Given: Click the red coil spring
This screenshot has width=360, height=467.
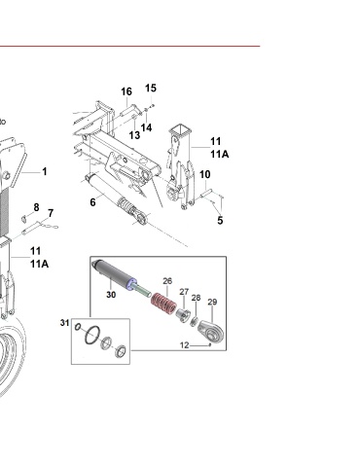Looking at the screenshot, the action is click(x=163, y=303).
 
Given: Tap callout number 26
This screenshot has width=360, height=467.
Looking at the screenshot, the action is click(x=167, y=281).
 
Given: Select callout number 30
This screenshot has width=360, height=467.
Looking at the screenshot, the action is click(x=111, y=295).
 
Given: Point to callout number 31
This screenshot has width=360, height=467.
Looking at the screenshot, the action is click(x=64, y=323).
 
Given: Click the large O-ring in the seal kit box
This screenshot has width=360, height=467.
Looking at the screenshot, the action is click(x=92, y=335).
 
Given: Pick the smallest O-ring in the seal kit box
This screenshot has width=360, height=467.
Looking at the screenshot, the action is click(x=78, y=327).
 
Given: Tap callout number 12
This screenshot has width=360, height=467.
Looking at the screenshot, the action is click(x=184, y=345).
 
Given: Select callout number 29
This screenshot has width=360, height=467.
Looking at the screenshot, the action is click(x=212, y=302).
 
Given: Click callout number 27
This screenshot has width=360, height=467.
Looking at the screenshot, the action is click(x=184, y=292).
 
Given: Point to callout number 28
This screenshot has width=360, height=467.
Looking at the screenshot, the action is click(x=196, y=298).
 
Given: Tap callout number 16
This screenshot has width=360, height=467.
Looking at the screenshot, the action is click(x=126, y=91).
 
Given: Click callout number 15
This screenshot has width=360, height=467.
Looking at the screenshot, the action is click(x=151, y=88).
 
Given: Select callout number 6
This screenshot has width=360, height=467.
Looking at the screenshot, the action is click(x=92, y=202).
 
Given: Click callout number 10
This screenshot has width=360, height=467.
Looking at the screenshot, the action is click(x=205, y=174).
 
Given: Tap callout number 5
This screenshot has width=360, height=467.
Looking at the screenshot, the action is click(x=220, y=221).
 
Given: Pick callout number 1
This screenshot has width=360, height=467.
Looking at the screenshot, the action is click(x=45, y=171).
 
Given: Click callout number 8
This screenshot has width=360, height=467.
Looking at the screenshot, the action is click(x=36, y=207).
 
